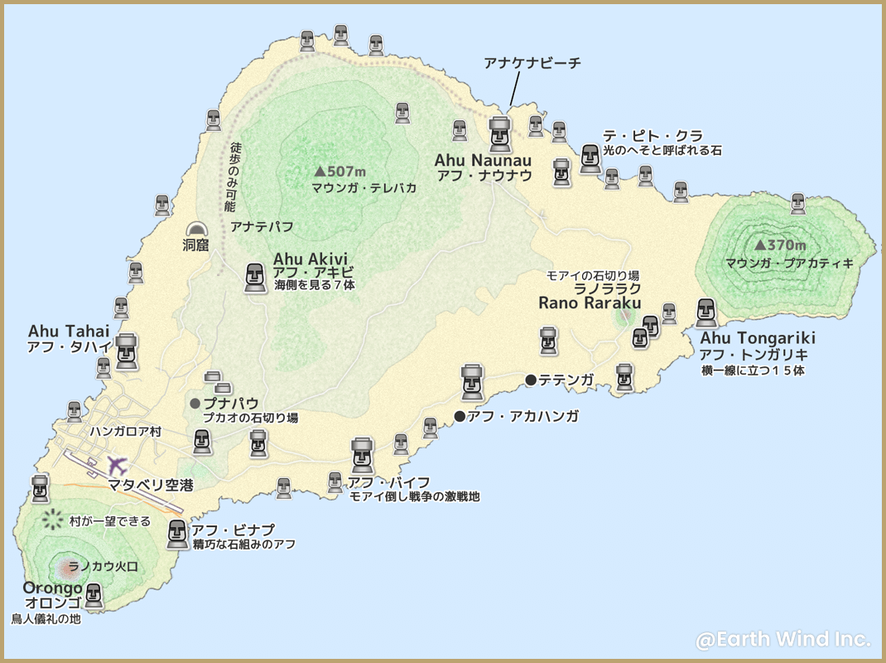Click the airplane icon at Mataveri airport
117,465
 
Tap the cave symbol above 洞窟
196,230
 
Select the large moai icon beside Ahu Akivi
256,278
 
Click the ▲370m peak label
780,245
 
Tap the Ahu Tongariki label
758,338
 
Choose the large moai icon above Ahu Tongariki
706,313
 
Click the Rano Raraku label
589,303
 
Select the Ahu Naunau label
484,159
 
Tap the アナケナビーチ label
532,63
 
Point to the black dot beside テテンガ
531,380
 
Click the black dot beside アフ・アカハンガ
460,416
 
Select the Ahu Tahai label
69,331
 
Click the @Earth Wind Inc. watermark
782,639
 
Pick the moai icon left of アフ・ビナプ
177,535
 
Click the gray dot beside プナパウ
195,404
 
